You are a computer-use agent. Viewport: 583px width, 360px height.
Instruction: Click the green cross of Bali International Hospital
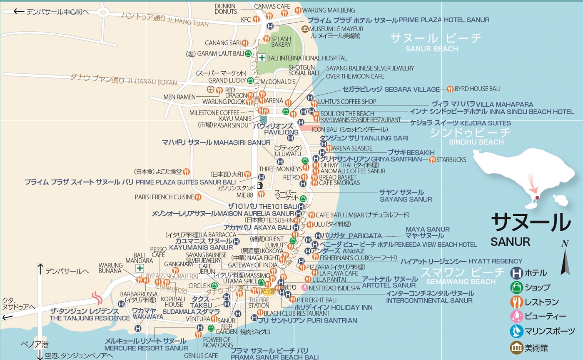[x=262, y=58]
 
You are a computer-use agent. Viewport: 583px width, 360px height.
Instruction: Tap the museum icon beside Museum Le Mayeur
[x=305, y=29]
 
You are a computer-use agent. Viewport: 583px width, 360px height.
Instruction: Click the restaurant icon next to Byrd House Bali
[x=450, y=89]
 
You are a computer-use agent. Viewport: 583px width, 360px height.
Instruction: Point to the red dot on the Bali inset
[x=537, y=197]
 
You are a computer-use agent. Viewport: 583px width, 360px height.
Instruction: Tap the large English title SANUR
[x=510, y=242]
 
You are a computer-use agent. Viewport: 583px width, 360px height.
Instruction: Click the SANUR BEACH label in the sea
[x=431, y=49]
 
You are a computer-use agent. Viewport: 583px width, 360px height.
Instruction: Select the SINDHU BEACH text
[x=471, y=142]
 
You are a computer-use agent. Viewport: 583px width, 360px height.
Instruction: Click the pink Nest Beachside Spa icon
[x=305, y=287]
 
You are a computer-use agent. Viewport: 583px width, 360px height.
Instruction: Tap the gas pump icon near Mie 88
[x=261, y=185]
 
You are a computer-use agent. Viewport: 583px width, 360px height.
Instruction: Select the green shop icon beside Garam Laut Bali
[x=248, y=53]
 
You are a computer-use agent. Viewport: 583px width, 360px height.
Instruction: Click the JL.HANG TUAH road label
[x=187, y=23]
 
